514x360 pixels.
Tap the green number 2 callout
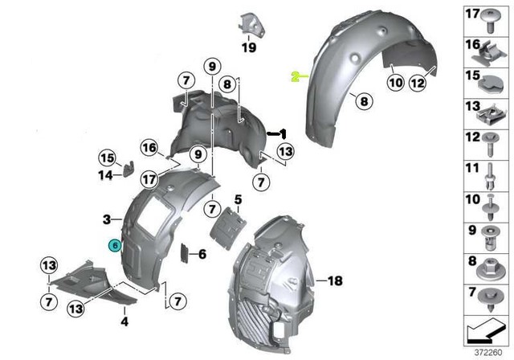click(x=295, y=76)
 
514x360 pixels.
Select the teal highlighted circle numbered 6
click(x=116, y=246)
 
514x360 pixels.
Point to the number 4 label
click(x=124, y=321)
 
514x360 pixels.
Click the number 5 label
click(x=238, y=198)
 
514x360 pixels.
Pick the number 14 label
click(x=105, y=174)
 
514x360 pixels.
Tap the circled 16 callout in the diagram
click(x=149, y=147)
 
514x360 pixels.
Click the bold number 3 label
click(x=106, y=219)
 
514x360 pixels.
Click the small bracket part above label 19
click(x=250, y=24)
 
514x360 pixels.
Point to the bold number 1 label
click(x=282, y=131)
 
